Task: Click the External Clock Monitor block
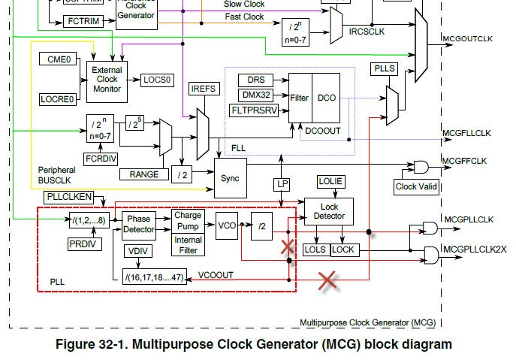pos(107,79)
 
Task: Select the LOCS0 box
pos(157,79)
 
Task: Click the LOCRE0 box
pos(57,98)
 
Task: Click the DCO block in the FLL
pos(327,98)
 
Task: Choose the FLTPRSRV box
pos(258,110)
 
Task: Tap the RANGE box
pos(143,174)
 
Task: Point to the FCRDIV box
pos(100,159)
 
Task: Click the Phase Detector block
pos(138,223)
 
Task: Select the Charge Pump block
pos(188,219)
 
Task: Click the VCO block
pos(226,225)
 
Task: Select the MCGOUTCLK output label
pos(468,40)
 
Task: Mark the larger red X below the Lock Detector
pos(327,281)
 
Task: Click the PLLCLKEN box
pos(68,197)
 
